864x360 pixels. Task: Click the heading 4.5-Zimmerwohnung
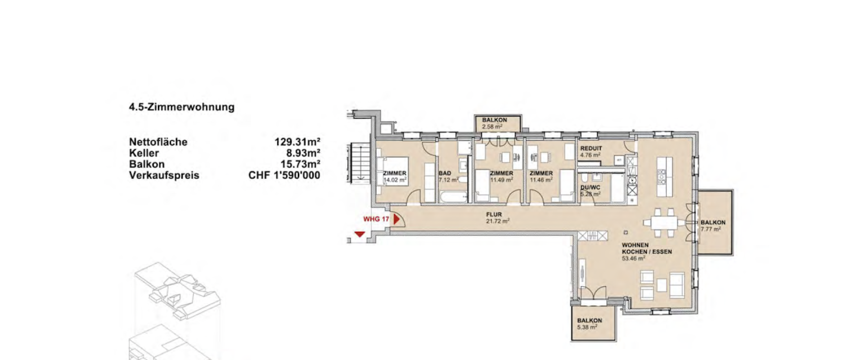[182, 107]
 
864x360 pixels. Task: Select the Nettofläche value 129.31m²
[297, 142]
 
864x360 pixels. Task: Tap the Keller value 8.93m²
[303, 153]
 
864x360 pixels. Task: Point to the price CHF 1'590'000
[284, 175]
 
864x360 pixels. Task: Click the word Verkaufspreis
[164, 175]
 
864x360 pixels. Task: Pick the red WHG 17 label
[376, 220]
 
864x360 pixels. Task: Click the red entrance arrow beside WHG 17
[396, 220]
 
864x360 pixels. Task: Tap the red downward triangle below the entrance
[359, 234]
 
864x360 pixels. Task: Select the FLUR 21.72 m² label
[497, 218]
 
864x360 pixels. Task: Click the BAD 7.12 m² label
[448, 176]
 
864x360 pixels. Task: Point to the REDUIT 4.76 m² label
[591, 152]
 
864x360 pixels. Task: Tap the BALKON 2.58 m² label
[495, 123]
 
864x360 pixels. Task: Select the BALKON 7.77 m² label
[713, 225]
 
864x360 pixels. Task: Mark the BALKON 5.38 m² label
[589, 324]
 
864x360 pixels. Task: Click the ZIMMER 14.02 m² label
[395, 176]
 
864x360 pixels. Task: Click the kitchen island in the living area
[661, 176]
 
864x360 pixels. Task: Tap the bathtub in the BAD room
[453, 197]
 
